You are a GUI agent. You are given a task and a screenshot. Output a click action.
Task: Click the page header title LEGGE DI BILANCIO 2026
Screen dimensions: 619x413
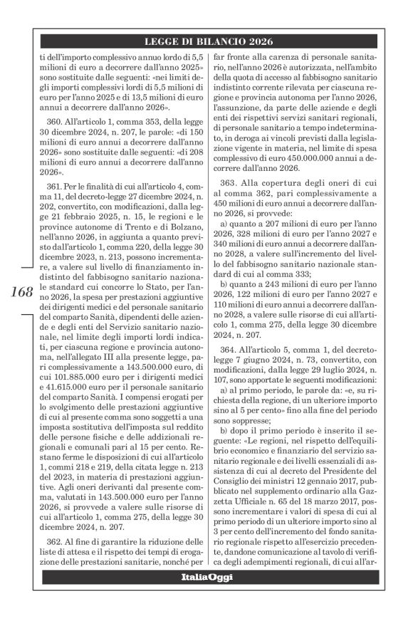point(214,40)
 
